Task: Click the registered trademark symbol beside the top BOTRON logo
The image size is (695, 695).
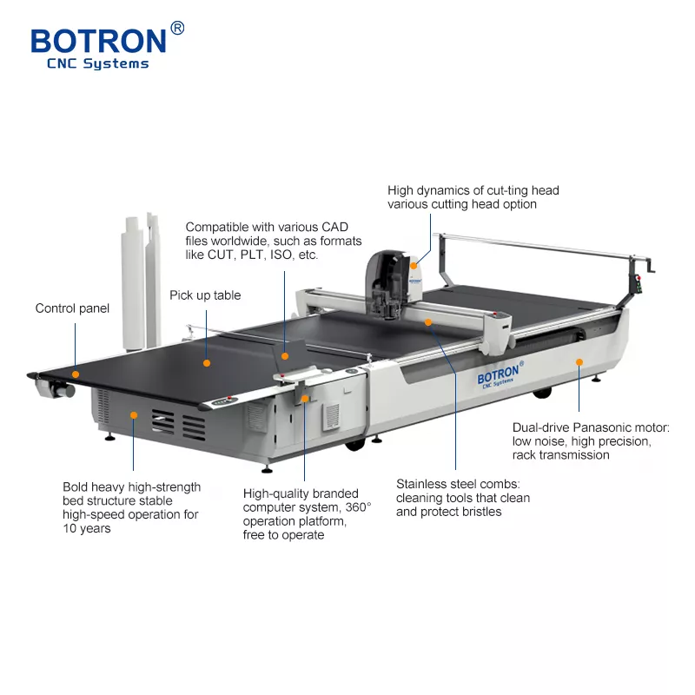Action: coord(177,28)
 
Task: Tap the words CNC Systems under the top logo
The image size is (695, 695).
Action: coord(98,63)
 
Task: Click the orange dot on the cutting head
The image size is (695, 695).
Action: coord(414,266)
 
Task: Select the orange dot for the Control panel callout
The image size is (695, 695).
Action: coord(76,374)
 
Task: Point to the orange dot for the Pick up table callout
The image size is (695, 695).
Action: coord(207,363)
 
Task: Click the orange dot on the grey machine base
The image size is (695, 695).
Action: coord(134,415)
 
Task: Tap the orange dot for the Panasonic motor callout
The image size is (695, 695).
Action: coord(579,362)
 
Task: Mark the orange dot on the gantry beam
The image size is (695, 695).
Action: coord(428,322)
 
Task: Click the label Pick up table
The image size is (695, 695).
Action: coord(205,295)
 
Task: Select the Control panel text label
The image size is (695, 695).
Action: coord(72,308)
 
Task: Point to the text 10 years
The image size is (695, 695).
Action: coord(87,528)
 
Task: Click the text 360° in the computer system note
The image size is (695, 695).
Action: coord(358,507)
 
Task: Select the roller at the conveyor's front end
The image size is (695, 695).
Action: coord(55,388)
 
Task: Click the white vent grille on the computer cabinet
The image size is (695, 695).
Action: coord(331,416)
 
